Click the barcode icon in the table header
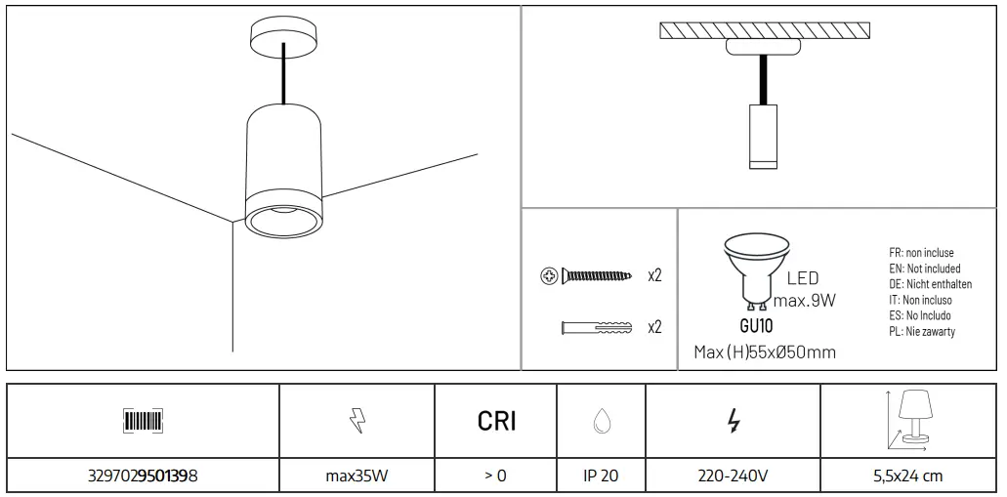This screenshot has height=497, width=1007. [x=143, y=421]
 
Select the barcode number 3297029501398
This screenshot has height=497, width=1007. [x=143, y=476]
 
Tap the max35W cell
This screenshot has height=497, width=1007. [x=357, y=476]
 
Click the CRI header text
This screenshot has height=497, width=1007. [x=496, y=421]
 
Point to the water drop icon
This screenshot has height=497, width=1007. [x=601, y=421]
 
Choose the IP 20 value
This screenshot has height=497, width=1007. [x=601, y=476]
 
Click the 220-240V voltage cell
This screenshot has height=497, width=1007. [x=733, y=476]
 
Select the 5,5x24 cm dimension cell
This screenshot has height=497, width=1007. [x=909, y=476]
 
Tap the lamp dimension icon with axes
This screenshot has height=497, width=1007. [x=909, y=419]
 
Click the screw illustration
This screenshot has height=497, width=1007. [x=586, y=276]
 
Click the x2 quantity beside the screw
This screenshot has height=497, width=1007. [x=654, y=276]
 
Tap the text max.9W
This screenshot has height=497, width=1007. [x=805, y=299]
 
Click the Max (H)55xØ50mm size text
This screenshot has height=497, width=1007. [x=764, y=352]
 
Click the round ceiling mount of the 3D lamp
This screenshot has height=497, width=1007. [x=282, y=39]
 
